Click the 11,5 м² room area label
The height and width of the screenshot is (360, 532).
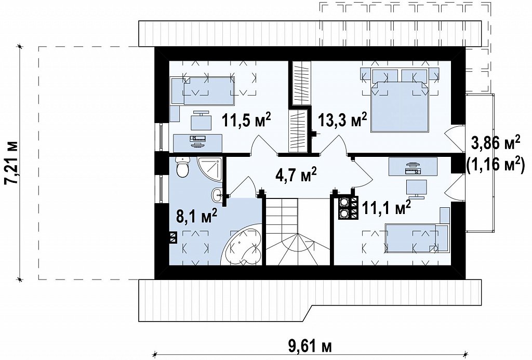pyautogui.click(x=246, y=121)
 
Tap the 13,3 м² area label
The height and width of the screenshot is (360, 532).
pyautogui.click(x=343, y=121)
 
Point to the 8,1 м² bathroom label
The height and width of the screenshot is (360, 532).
pyautogui.click(x=197, y=216)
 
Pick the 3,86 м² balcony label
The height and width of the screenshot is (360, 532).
pyautogui.click(x=496, y=144)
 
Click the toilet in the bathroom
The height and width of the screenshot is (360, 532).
pyautogui.click(x=182, y=166)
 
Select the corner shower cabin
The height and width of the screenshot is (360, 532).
pyautogui.click(x=209, y=169)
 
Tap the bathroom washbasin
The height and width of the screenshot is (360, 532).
pyautogui.click(x=217, y=194)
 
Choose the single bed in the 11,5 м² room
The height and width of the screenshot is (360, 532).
pyautogui.click(x=203, y=90)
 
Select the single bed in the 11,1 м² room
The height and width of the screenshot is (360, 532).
pyautogui.click(x=416, y=237)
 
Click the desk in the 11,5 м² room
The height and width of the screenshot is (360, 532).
pyautogui.click(x=198, y=143)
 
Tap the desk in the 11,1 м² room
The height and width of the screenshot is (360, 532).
pyautogui.click(x=413, y=166)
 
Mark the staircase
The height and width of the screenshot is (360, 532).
pyautogui.click(x=298, y=231)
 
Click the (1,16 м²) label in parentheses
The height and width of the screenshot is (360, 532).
pyautogui.click(x=494, y=166)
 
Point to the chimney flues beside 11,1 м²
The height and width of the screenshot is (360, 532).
pyautogui.click(x=348, y=208)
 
